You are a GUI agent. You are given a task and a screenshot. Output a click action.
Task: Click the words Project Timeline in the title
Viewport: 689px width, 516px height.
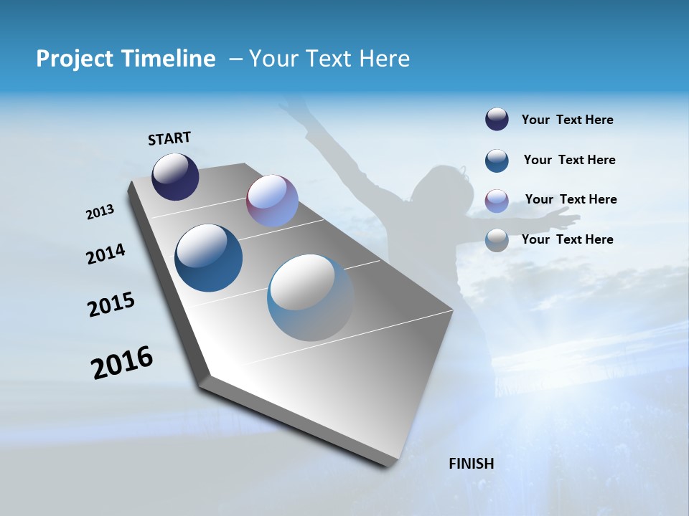[x=126, y=59]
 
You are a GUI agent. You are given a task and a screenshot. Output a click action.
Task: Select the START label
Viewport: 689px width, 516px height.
[x=169, y=138]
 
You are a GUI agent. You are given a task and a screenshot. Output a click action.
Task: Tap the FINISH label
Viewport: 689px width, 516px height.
[x=472, y=464]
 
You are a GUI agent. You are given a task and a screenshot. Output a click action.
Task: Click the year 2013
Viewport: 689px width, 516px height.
[x=100, y=212]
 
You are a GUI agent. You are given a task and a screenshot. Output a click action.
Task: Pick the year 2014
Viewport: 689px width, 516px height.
[x=106, y=254]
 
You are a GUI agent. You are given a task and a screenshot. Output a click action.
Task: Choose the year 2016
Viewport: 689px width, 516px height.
[x=123, y=363]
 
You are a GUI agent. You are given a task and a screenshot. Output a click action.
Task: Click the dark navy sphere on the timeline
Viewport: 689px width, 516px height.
[x=175, y=177]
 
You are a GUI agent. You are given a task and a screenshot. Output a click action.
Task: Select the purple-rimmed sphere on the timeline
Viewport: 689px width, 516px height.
[x=272, y=201]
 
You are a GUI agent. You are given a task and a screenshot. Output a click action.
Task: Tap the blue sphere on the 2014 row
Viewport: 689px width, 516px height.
[x=209, y=258]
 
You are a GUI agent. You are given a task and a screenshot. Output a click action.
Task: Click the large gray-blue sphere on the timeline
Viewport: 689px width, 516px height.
[x=311, y=297]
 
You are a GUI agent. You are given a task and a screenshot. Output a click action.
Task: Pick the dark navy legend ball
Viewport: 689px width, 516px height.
[x=497, y=120]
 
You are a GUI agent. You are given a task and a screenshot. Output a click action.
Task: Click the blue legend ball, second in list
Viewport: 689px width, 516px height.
[x=497, y=161]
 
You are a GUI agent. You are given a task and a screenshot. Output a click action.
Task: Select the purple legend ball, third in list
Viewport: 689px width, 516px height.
[x=497, y=201]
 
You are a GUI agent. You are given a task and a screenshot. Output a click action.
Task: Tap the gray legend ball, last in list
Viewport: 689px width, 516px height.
[x=497, y=240]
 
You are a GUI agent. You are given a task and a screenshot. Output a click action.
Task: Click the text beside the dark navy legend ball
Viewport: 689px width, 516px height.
[x=567, y=120]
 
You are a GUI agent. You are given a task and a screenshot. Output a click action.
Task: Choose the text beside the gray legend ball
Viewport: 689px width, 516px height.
[x=567, y=239]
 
